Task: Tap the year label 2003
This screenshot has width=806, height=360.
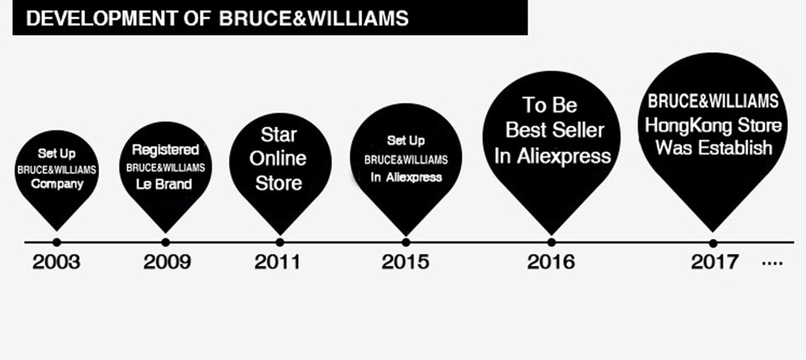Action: pos(56,262)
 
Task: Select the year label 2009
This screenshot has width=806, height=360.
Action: pos(167,262)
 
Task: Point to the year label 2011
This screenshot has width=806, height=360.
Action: pos(277,262)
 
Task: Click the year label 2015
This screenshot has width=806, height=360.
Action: pos(405,262)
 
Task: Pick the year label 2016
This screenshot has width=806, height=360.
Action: pos(551,262)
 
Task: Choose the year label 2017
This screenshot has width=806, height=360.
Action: pos(714,262)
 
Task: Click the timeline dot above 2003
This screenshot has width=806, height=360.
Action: pos(56,242)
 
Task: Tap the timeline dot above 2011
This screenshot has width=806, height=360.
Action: pos(280,242)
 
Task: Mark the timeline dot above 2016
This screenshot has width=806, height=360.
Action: pos(552,242)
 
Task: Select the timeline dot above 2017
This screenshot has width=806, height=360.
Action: pos(713,243)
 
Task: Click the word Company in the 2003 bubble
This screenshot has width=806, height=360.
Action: pos(57,185)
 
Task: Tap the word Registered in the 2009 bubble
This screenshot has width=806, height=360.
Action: pos(165,150)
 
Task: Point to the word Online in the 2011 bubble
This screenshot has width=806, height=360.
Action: pos(278,158)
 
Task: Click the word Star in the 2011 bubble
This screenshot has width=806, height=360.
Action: pos(279,134)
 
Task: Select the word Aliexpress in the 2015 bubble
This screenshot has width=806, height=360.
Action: pos(414,178)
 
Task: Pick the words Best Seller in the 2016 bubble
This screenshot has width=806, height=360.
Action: pos(555,130)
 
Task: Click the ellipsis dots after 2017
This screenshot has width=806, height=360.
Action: pos(772,263)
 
